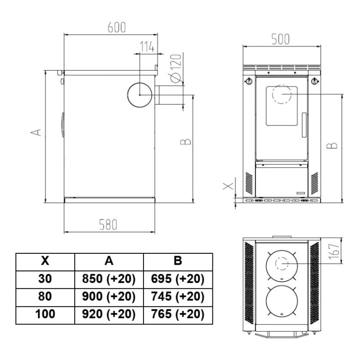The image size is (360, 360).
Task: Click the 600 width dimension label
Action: click(117, 27)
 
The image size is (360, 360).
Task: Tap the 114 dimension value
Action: click(147, 47)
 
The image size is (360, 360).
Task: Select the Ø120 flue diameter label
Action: click(176, 68)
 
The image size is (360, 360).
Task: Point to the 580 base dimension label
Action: click(108, 225)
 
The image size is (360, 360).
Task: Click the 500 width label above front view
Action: click(280, 39)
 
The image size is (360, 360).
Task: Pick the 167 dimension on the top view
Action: click(334, 252)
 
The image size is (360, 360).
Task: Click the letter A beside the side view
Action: click(36, 132)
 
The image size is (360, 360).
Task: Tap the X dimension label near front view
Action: click(228, 186)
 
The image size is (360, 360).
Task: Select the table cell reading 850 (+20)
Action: click(109, 279)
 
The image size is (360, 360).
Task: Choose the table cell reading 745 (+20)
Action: click(178, 297)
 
